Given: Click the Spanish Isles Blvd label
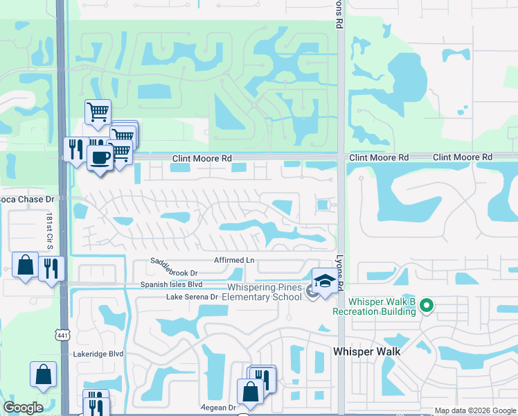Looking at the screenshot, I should pyautogui.click(x=171, y=284).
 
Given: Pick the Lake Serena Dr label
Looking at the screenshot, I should pyautogui.click(x=192, y=297).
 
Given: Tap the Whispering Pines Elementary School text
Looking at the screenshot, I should pyautogui.click(x=265, y=293).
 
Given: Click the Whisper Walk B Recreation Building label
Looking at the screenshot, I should pyautogui.click(x=382, y=306).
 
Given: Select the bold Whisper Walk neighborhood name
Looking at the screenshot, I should pyautogui.click(x=366, y=352).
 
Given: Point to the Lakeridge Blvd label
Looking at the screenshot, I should pyautogui.click(x=98, y=353).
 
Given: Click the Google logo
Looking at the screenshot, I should pyautogui.click(x=23, y=408).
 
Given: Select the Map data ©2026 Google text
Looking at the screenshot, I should pyautogui.click(x=475, y=411).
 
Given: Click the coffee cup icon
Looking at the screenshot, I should pyautogui.click(x=100, y=156).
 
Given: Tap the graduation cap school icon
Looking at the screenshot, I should pyautogui.click(x=323, y=280).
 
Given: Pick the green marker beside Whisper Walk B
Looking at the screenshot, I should pyautogui.click(x=427, y=305).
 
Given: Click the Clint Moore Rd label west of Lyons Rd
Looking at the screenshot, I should pyautogui.click(x=202, y=159).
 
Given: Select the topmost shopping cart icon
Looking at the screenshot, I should pyautogui.click(x=98, y=111).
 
